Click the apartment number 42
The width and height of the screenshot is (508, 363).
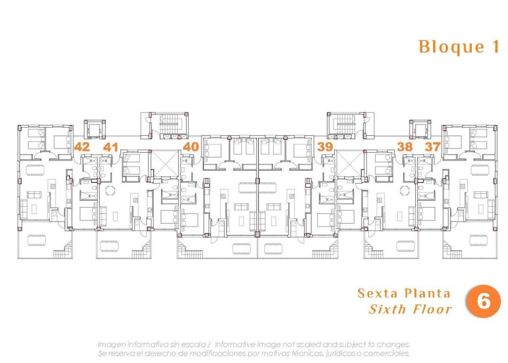click(x=82, y=147)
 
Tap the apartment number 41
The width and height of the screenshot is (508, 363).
click(x=111, y=147)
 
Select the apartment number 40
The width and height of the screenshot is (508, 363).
click(x=191, y=147)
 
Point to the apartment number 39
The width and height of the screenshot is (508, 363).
click(x=325, y=147)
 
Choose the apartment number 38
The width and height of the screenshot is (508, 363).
click(x=405, y=147)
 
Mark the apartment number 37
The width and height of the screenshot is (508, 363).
click(x=433, y=147)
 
